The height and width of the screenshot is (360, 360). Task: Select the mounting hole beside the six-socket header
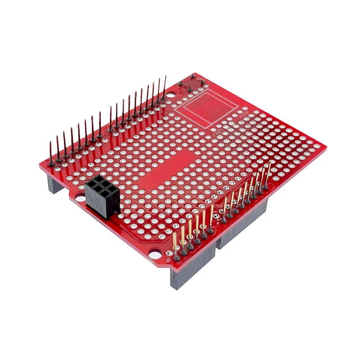pos(80,198)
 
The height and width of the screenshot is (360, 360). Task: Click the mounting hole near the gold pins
pos(154,253)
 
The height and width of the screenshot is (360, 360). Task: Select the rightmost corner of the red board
pos(325,147)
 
